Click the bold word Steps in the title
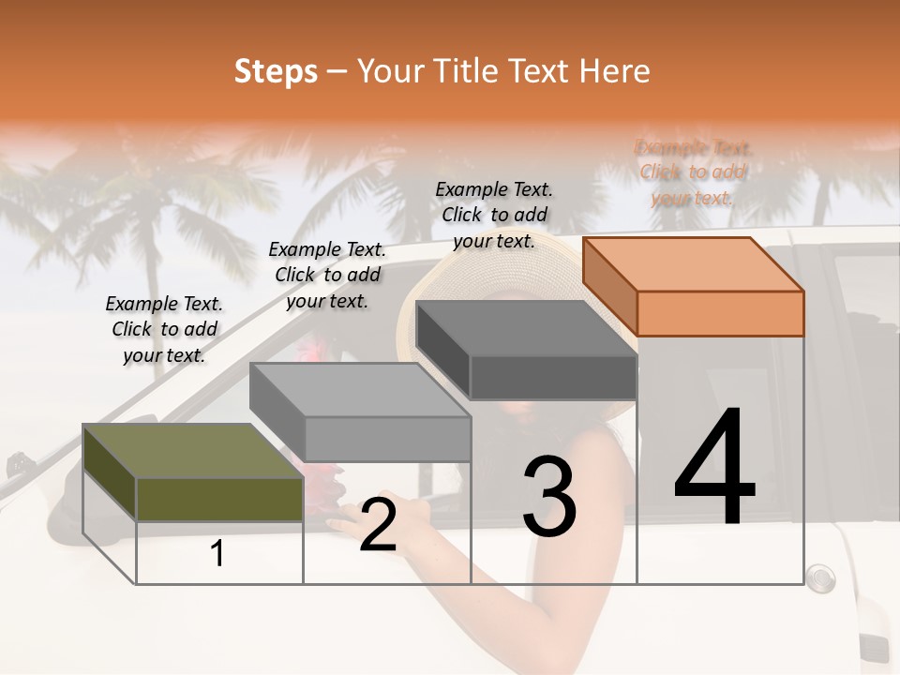pos(276,71)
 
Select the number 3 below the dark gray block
pos(548,496)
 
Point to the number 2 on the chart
pos(378,526)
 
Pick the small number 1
pos(217,554)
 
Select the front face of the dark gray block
pos(553,378)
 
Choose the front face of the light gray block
pos(387,439)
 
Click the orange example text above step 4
pos(693,172)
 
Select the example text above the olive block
pos(164,329)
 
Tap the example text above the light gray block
pos(327,275)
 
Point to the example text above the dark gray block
pos(494,215)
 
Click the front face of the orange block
pos(720,313)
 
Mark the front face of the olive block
pos(219,499)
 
